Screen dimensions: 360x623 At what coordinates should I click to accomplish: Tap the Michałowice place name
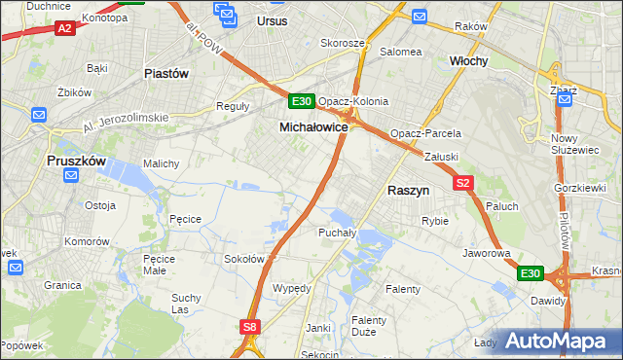(x=313, y=127)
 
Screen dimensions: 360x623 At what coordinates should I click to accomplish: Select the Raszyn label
(x=409, y=192)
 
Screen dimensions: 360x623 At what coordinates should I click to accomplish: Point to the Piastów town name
(x=165, y=73)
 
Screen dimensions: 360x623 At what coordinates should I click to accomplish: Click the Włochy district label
(x=468, y=60)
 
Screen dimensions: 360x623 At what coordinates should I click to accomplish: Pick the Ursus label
(x=275, y=19)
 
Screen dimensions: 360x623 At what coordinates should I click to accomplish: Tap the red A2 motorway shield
(x=65, y=29)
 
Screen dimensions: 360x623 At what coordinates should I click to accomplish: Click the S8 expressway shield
(x=251, y=328)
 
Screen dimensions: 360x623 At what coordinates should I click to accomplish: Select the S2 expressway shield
(x=462, y=182)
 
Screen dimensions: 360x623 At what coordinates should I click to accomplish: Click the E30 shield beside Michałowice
(x=302, y=101)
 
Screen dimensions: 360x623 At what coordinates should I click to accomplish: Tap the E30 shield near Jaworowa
(x=530, y=274)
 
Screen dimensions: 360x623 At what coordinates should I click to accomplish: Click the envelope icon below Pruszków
(x=70, y=175)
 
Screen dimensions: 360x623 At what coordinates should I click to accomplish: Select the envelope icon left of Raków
(x=419, y=17)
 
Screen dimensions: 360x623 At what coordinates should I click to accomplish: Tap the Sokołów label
(x=244, y=259)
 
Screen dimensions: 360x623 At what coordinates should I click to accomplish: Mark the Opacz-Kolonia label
(x=353, y=101)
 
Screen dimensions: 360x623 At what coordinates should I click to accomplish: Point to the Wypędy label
(x=292, y=289)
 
